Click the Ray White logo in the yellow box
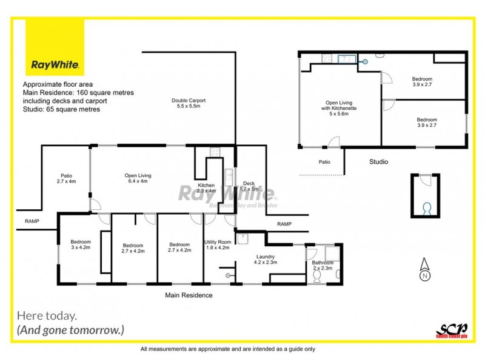[x=55, y=64]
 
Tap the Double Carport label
[x=188, y=103]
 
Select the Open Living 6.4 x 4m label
[x=138, y=178]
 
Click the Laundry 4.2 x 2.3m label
[x=267, y=258]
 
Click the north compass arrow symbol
[x=425, y=267]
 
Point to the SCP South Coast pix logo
[x=451, y=329]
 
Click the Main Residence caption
[x=190, y=295]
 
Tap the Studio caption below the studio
[x=379, y=162]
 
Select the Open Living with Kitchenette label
[x=339, y=108]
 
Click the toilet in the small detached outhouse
[x=426, y=208]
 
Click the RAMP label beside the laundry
[x=284, y=224]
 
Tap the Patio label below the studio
[x=325, y=162]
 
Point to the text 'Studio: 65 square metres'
[x=61, y=110]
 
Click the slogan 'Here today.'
[x=47, y=315]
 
